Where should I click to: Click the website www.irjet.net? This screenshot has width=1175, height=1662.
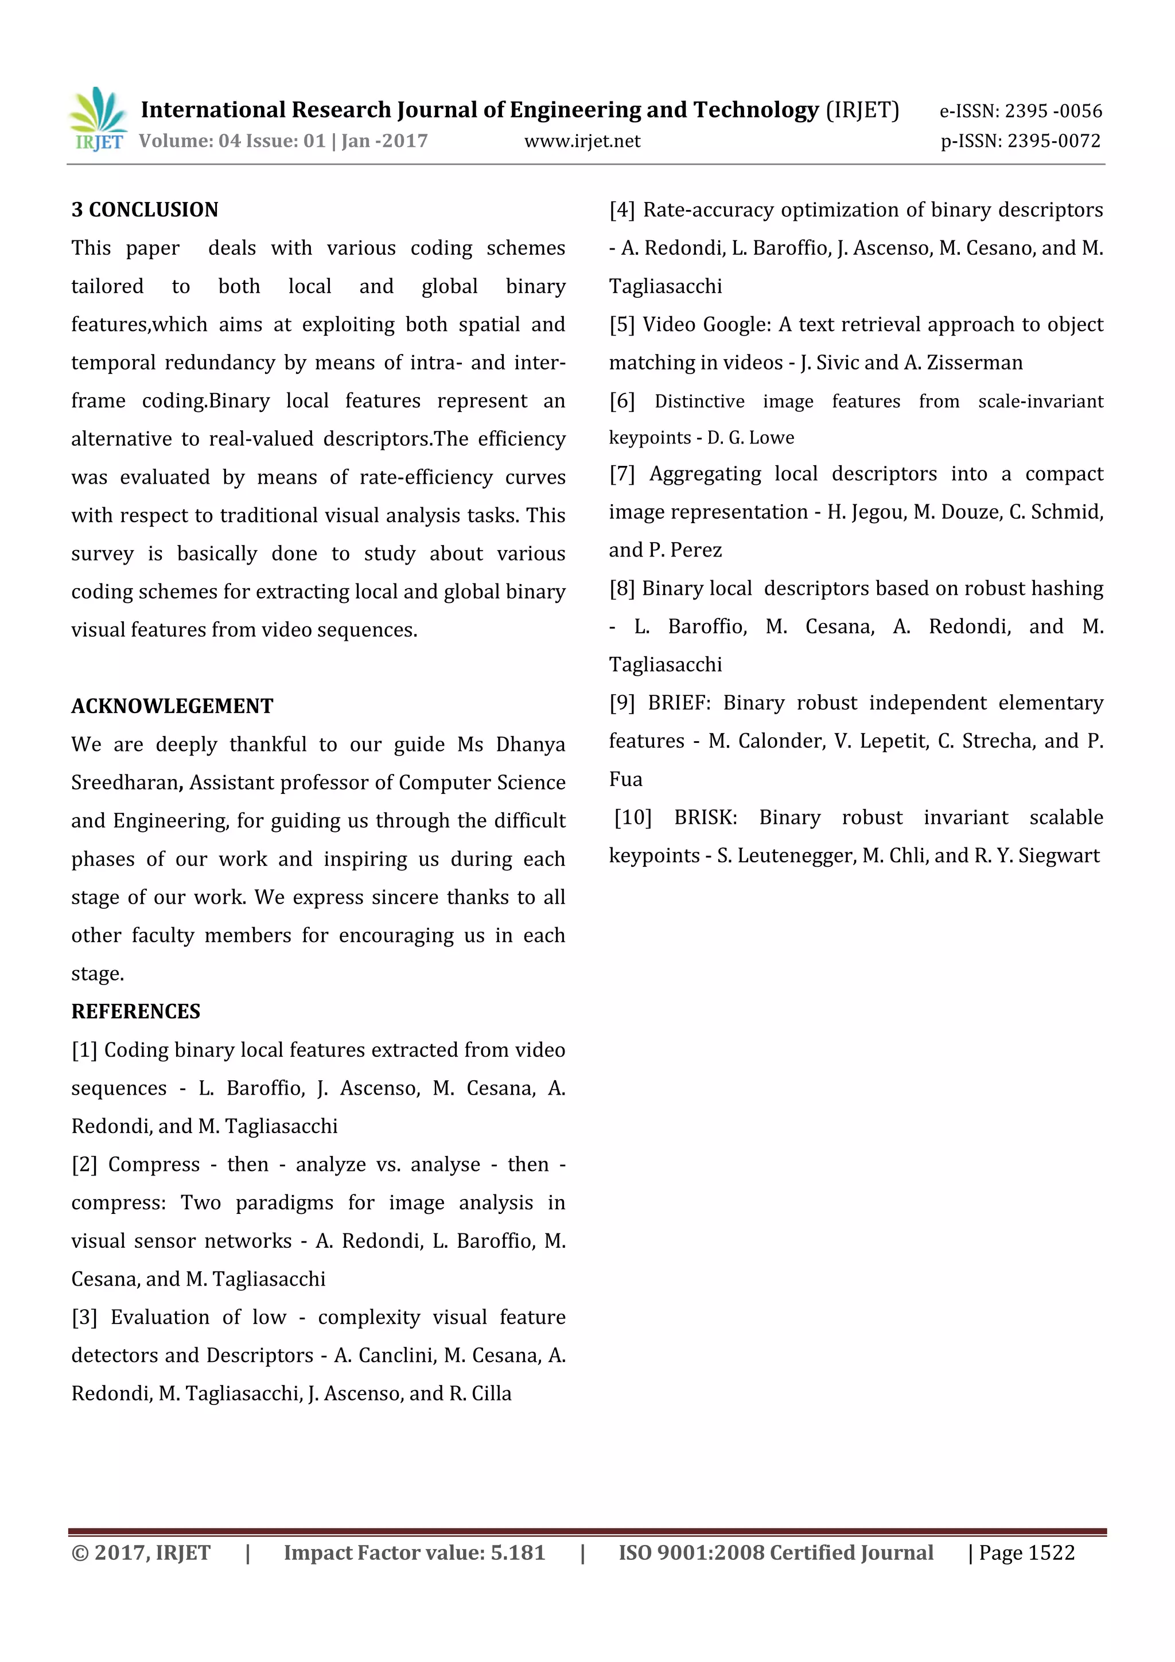click(582, 141)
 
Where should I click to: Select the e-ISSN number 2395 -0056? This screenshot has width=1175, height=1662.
click(1053, 111)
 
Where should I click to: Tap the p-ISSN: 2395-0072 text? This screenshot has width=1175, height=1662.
click(1020, 141)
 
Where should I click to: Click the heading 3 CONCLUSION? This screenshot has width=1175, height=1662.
click(145, 210)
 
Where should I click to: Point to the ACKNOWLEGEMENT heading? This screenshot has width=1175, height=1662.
click(172, 706)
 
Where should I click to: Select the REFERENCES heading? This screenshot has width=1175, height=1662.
click(135, 1011)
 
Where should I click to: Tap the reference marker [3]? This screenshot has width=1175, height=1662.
click(84, 1317)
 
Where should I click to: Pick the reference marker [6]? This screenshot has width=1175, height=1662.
click(622, 401)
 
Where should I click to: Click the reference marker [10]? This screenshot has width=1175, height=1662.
click(633, 818)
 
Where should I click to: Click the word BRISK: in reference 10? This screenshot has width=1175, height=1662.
click(705, 818)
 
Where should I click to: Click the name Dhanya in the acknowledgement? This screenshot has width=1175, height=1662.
click(530, 744)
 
